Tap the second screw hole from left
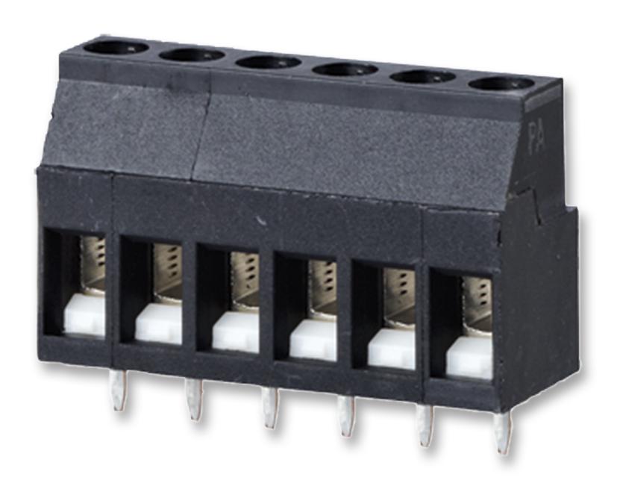(192, 54)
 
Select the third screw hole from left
(269, 61)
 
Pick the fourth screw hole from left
(346, 69)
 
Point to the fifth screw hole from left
(423, 76)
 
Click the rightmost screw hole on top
(501, 83)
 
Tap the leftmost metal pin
(117, 390)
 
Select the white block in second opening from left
(159, 324)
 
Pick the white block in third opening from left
(235, 332)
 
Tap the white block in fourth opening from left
(313, 341)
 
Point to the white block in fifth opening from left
(392, 349)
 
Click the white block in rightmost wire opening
(469, 358)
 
